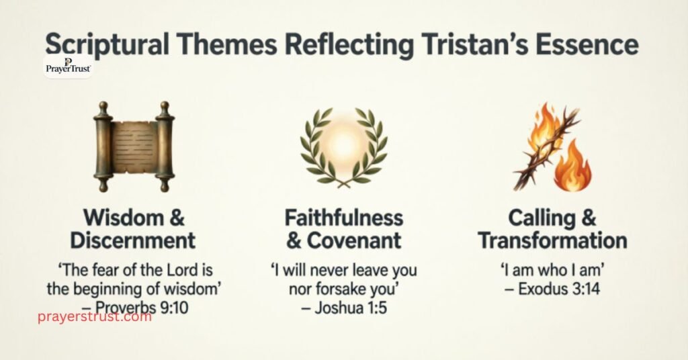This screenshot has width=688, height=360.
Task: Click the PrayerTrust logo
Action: coord(68,66)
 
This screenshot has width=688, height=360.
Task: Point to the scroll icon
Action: coord(134,147)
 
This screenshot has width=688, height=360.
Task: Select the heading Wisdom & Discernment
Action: coord(134,229)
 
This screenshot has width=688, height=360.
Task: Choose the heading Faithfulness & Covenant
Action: coord(343,229)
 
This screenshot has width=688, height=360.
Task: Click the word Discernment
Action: coord(134,240)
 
